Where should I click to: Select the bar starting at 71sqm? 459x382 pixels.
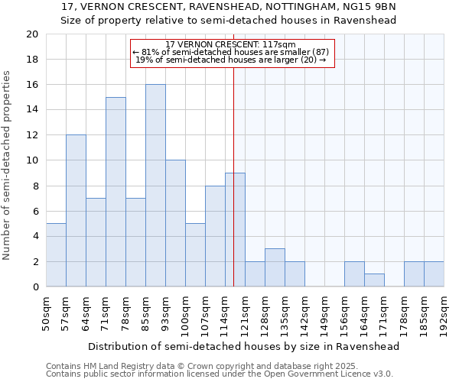[116, 192]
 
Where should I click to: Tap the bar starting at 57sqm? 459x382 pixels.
[76, 211]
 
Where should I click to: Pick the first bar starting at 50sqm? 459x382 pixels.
[56, 255]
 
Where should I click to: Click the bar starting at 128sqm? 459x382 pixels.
[275, 267]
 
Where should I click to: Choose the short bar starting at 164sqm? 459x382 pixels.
[374, 280]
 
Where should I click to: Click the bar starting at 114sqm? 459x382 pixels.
[235, 230]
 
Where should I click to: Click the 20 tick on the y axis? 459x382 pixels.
[31, 34]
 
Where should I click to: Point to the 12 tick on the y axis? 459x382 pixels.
[31, 135]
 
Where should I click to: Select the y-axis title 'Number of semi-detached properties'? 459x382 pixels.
[8, 165]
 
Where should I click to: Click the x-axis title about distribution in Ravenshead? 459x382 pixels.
[244, 346]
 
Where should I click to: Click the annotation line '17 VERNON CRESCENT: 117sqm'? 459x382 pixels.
[230, 45]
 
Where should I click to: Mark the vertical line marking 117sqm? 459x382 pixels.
[233, 153]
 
